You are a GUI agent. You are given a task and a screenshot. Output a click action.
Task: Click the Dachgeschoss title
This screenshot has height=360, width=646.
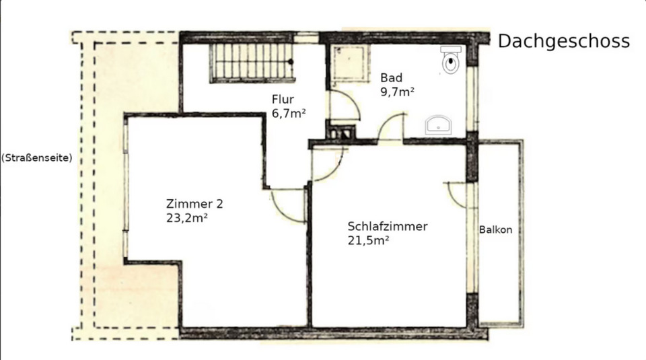[x=564, y=41]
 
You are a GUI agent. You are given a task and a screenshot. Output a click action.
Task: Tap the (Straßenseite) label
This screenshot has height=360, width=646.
[x=36, y=159]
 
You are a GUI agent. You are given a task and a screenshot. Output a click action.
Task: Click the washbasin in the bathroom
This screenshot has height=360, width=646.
[x=440, y=124]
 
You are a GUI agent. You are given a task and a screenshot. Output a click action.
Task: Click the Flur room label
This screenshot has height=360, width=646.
[x=283, y=100]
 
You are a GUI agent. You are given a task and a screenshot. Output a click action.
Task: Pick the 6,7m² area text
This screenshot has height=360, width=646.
[x=289, y=113]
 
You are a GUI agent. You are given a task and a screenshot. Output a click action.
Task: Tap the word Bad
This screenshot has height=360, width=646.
[x=391, y=77]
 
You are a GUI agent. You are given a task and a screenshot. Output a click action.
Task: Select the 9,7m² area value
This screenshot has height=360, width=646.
[x=397, y=92]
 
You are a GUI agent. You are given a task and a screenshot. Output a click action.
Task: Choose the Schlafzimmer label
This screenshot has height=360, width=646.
[x=387, y=227]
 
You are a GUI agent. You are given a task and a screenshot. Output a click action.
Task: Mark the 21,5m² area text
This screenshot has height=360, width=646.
[x=369, y=240]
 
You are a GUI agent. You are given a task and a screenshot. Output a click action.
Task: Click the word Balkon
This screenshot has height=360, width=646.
[x=496, y=230]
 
